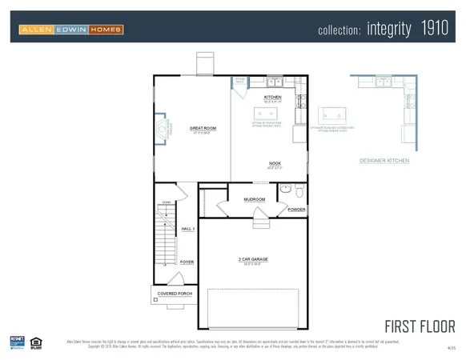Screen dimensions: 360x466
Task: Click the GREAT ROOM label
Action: click(x=203, y=128)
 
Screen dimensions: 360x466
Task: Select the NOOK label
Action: click(x=275, y=164)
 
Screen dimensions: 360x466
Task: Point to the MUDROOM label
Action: click(x=255, y=199)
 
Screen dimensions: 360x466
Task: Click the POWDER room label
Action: click(x=296, y=210)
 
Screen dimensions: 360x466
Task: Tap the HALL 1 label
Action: click(x=187, y=229)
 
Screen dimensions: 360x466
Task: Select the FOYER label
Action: click(x=187, y=262)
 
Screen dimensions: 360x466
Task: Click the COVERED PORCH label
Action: click(x=174, y=294)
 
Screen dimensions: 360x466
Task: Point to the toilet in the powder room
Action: click(x=299, y=192)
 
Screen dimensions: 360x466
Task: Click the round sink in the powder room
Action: click(x=284, y=190)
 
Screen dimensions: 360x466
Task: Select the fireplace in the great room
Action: click(x=163, y=129)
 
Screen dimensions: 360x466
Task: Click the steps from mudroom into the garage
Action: click(x=259, y=213)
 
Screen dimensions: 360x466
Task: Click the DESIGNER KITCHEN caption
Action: click(x=384, y=161)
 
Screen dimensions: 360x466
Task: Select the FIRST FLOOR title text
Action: click(x=420, y=326)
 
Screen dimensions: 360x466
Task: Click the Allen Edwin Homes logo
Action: click(x=71, y=30)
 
